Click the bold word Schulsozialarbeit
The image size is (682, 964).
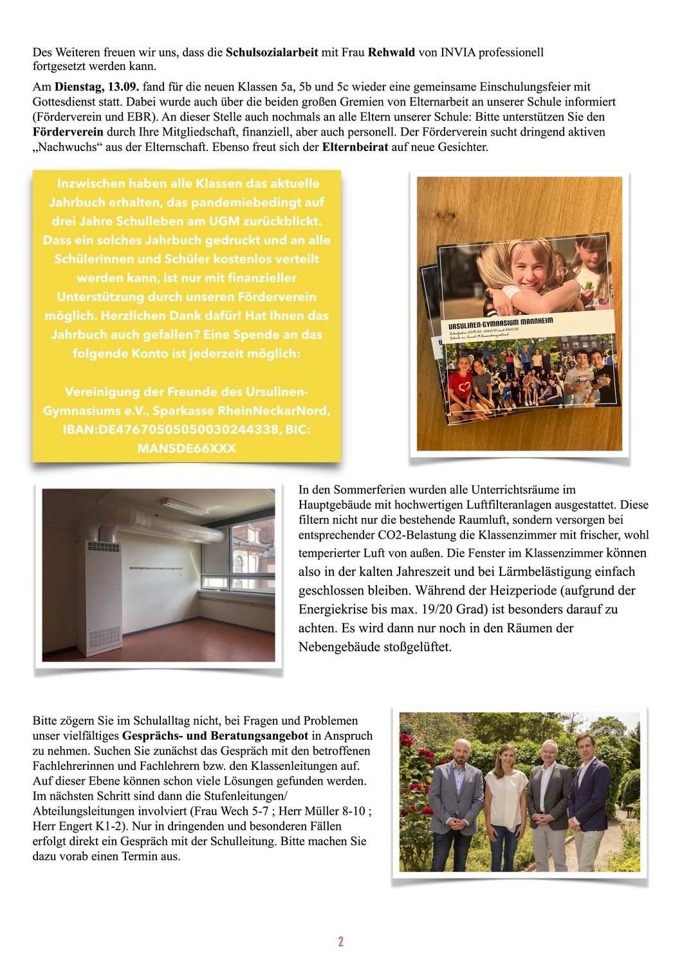click(x=272, y=52)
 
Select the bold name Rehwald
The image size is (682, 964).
click(x=391, y=52)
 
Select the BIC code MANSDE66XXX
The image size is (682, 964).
click(x=187, y=448)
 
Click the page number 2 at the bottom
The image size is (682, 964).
click(x=340, y=942)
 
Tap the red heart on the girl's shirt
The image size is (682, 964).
click(x=459, y=386)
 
